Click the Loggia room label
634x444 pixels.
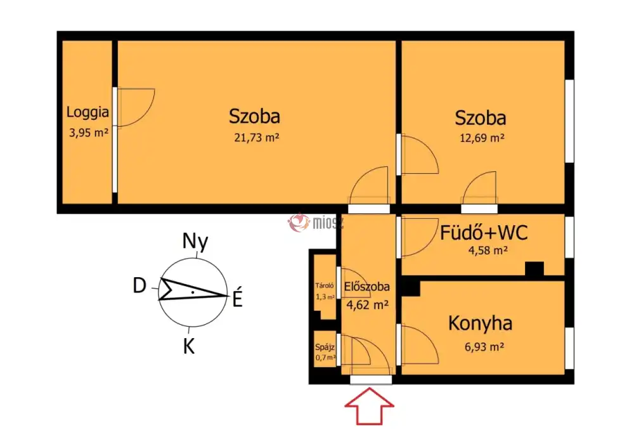coord(87,112)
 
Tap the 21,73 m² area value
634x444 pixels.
coord(257,138)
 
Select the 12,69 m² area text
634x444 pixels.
coord(482,138)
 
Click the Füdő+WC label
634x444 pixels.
coord(484,233)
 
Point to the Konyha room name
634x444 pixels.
coord(480,323)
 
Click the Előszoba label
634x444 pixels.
coord(366,286)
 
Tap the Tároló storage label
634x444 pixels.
coord(324,285)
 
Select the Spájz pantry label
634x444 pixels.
coord(325,347)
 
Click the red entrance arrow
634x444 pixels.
coord(369,406)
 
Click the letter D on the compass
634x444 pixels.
coord(139,285)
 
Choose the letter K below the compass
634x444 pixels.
coord(189,346)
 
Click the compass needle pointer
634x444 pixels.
coord(193,289)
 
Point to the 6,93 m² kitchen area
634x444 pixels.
coord(484,346)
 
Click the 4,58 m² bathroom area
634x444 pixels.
coord(488,251)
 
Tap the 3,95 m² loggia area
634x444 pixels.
coord(89,132)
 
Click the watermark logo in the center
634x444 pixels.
coord(299,223)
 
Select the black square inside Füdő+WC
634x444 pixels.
coord(534,268)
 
